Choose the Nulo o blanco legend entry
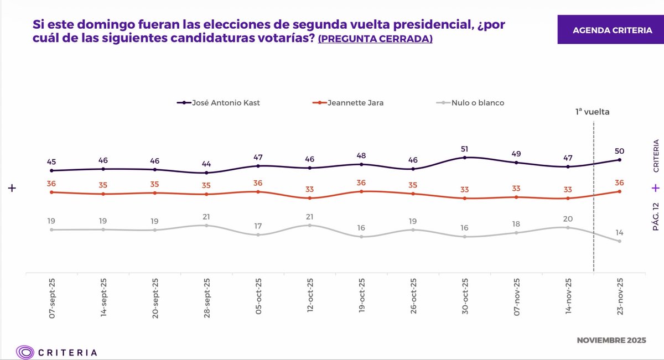point(470,102)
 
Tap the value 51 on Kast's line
point(464,148)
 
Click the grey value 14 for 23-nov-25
point(619,232)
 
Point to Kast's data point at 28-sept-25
point(206,173)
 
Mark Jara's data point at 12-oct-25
point(309,198)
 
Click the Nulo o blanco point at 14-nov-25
point(568,227)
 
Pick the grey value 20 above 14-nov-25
point(568,218)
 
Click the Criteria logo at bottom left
point(57,352)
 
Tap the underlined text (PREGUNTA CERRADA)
point(375,40)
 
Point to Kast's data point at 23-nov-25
point(619,160)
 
